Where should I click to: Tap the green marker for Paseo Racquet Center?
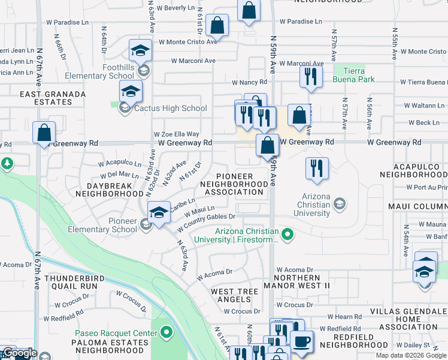pos(166,331)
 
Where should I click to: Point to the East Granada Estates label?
pos(46,98)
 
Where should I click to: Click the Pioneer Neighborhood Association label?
pos(234,184)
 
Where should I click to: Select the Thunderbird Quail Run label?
pos(71,282)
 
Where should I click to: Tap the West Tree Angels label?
pos(231,295)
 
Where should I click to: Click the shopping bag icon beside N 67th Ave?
pos(44,134)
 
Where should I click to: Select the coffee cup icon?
pos(301,341)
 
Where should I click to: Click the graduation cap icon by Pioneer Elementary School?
pos(159,213)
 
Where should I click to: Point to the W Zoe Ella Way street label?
pos(176,134)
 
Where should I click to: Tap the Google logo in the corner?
pos(19,353)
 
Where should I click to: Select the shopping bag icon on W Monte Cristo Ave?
pos(217,26)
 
